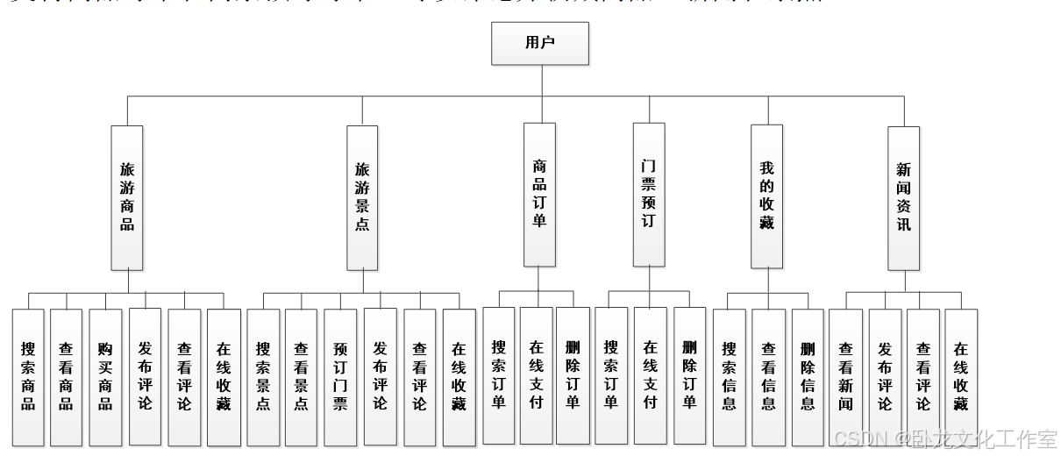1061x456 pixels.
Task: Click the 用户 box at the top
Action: pyautogui.click(x=539, y=43)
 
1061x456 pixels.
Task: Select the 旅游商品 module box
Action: pyautogui.click(x=127, y=196)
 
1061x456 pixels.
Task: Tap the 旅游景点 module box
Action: pyautogui.click(x=362, y=196)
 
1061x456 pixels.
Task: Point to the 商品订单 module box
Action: pyautogui.click(x=539, y=194)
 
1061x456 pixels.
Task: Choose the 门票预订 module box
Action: pyautogui.click(x=649, y=194)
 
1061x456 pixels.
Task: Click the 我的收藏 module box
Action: pyautogui.click(x=767, y=196)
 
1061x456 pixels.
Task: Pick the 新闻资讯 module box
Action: pyautogui.click(x=903, y=196)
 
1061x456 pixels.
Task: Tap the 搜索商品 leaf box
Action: pyautogui.click(x=29, y=376)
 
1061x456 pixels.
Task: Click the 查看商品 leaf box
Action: pyautogui.click(x=67, y=376)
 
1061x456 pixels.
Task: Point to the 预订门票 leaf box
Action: pyautogui.click(x=340, y=376)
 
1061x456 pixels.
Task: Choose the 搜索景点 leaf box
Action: pyautogui.click(x=263, y=376)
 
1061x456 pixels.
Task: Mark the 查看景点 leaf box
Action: pyautogui.click(x=301, y=376)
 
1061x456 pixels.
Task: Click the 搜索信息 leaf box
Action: pyautogui.click(x=730, y=376)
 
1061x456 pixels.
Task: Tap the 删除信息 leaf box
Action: pyautogui.click(x=808, y=376)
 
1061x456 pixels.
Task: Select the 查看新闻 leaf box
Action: pyautogui.click(x=845, y=376)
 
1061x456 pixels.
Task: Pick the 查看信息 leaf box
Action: pyautogui.click(x=768, y=376)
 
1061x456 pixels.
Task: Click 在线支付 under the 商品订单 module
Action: pyautogui.click(x=537, y=374)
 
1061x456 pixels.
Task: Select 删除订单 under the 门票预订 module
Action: pyautogui.click(x=689, y=374)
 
